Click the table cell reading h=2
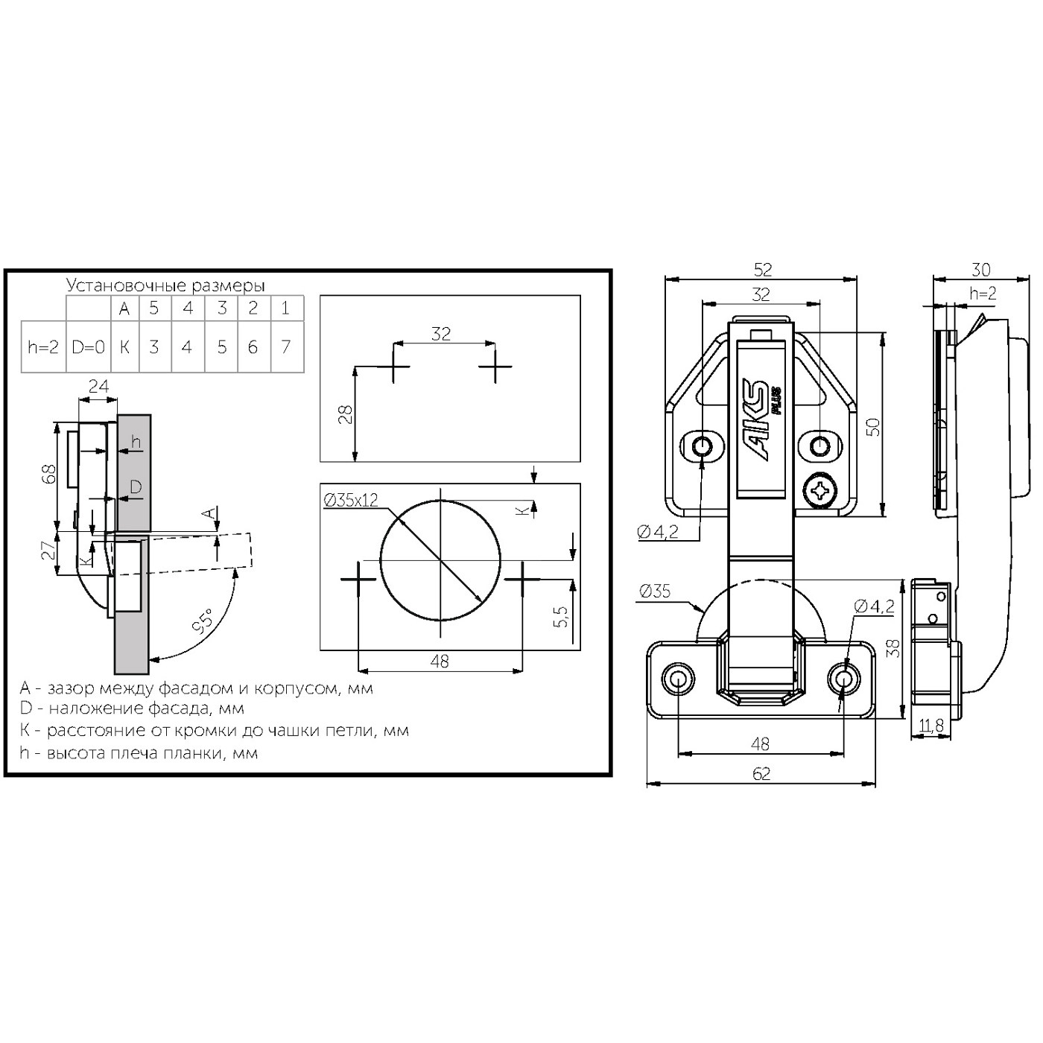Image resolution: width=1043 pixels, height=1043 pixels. pyautogui.click(x=43, y=347)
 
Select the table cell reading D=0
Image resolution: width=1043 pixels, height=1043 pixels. pyautogui.click(x=88, y=347)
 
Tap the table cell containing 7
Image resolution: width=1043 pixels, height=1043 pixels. pyautogui.click(x=287, y=347)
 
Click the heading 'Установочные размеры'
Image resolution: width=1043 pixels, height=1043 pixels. pyautogui.click(x=165, y=285)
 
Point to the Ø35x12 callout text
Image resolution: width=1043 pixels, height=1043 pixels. pyautogui.click(x=350, y=500)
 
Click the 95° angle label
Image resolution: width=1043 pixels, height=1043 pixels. pyautogui.click(x=204, y=621)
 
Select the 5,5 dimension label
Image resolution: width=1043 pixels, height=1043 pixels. pyautogui.click(x=561, y=616)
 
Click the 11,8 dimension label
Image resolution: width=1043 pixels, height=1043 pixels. pyautogui.click(x=931, y=726)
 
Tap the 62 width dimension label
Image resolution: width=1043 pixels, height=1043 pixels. pyautogui.click(x=761, y=774)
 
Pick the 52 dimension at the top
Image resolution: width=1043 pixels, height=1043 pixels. pyautogui.click(x=762, y=270)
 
